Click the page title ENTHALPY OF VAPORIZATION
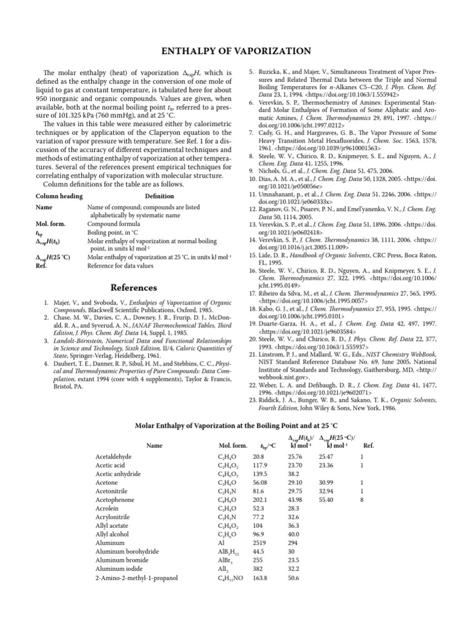(x=235, y=51)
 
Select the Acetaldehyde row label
(x=114, y=457)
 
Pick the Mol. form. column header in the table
(x=233, y=445)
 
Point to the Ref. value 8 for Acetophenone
(x=363, y=500)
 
